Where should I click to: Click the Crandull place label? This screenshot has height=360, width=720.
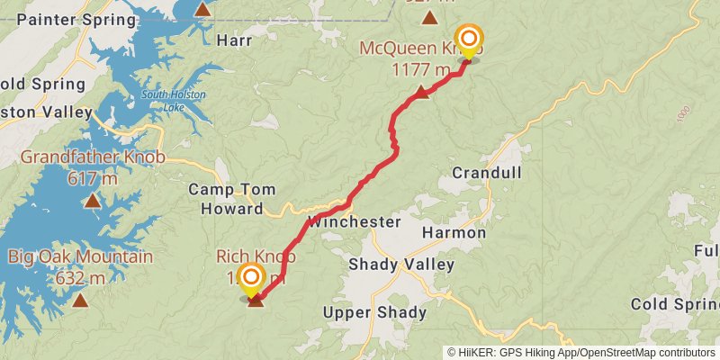(x=486, y=173)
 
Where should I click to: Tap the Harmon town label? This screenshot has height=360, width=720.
(x=454, y=233)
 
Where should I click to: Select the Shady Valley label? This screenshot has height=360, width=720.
(x=401, y=265)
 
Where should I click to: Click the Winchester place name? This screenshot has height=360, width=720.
(x=354, y=221)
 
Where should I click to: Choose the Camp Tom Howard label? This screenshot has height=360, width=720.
(x=232, y=200)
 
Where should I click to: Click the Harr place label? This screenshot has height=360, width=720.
(x=234, y=40)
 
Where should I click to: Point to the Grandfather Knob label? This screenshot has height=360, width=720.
(x=93, y=158)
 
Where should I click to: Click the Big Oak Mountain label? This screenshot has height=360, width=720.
(x=80, y=258)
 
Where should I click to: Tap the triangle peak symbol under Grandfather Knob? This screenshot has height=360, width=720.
(x=93, y=201)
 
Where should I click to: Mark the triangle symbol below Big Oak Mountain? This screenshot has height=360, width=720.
(x=80, y=301)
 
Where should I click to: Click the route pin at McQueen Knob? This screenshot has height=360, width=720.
(x=468, y=40)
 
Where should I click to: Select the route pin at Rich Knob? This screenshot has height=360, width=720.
(x=251, y=278)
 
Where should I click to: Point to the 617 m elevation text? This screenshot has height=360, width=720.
(x=93, y=178)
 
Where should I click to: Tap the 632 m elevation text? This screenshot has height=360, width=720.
(x=80, y=278)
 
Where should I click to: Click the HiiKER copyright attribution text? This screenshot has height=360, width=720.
(x=581, y=352)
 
